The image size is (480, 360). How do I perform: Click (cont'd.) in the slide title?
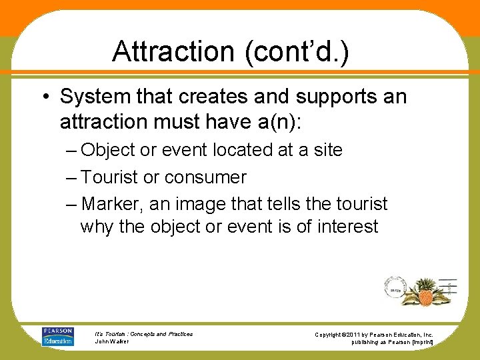point(298,51)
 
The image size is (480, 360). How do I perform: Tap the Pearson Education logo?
point(57,337)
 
